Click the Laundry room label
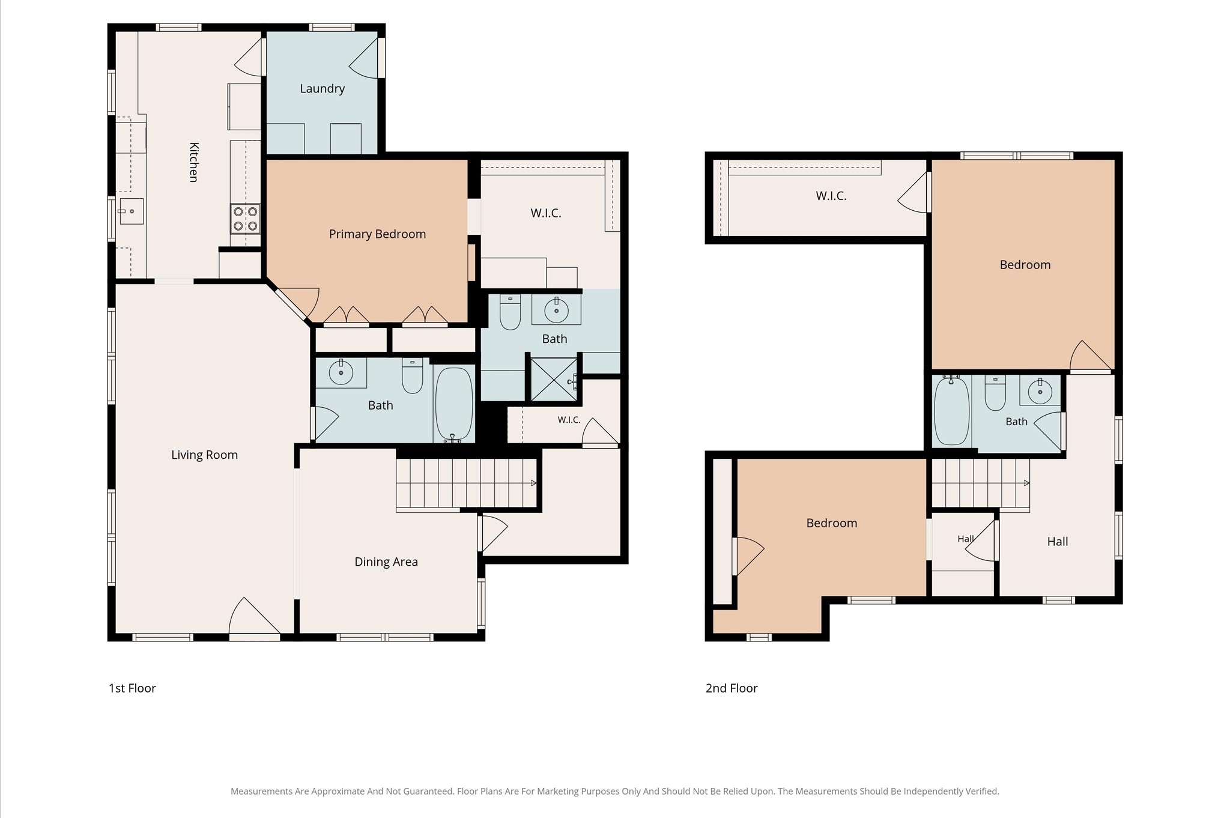click(322, 89)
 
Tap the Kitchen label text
click(194, 162)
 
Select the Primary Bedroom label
click(377, 234)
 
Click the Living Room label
click(204, 455)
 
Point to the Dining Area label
click(386, 562)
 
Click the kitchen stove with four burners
click(245, 219)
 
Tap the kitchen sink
click(131, 211)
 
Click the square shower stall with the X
click(554, 379)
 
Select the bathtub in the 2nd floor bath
click(952, 411)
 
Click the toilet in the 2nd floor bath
click(995, 393)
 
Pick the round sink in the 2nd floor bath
click(1040, 392)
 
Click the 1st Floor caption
click(132, 688)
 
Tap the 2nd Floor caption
click(732, 688)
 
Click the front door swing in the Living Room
click(255, 616)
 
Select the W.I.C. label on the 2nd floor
click(831, 196)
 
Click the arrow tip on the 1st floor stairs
click(536, 483)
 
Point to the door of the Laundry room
click(364, 58)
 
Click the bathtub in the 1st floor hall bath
click(454, 404)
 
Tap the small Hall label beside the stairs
click(965, 539)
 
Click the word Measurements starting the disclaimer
click(261, 792)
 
